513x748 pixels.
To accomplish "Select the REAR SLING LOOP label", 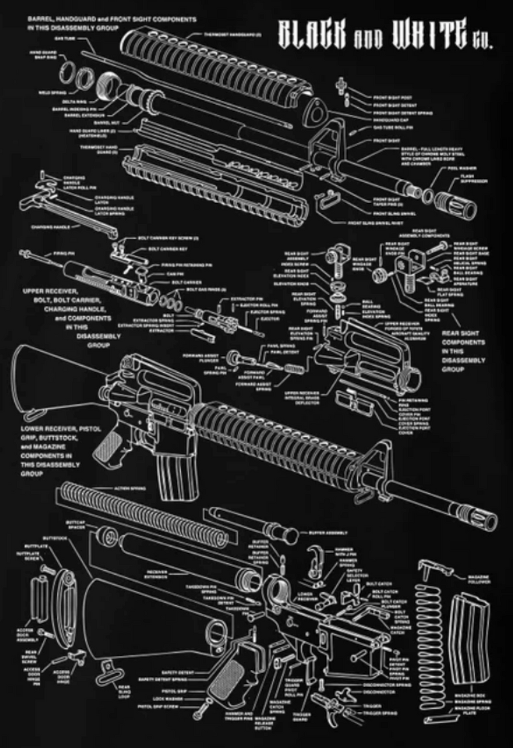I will click(x=124, y=691).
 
